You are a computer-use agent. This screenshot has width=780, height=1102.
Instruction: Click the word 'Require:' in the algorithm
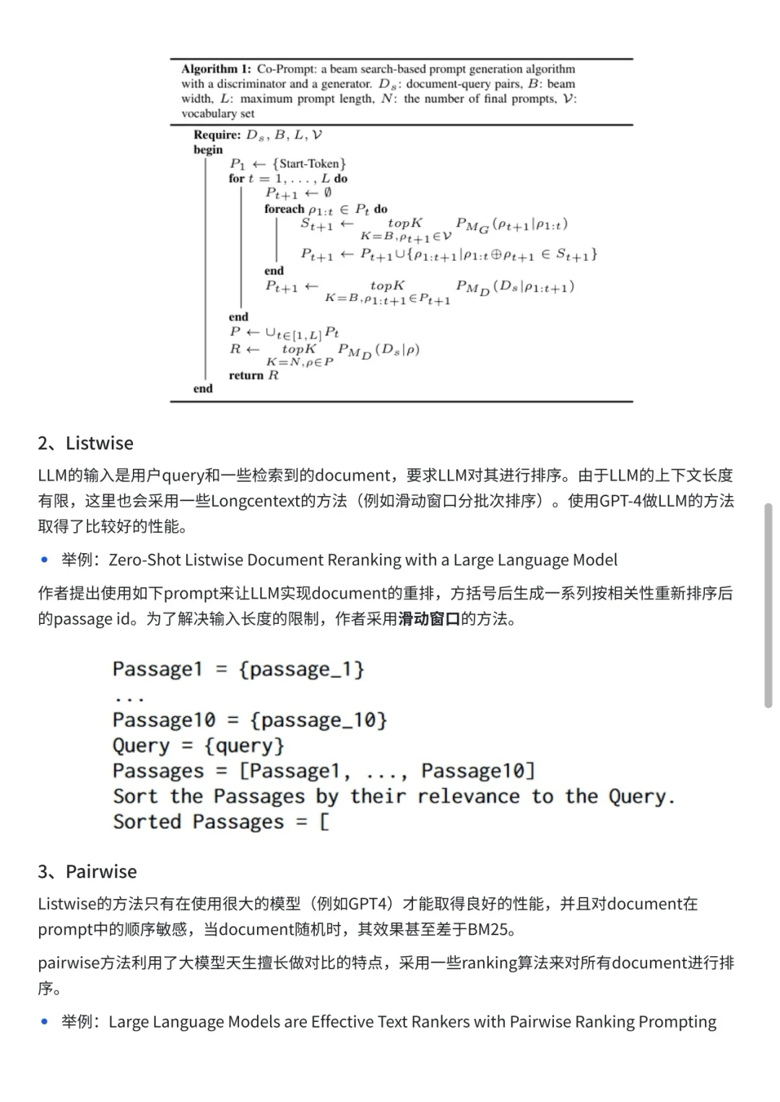(217, 135)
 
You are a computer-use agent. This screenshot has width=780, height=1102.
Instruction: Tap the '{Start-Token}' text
(309, 164)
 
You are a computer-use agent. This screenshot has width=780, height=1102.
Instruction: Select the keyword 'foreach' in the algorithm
(284, 209)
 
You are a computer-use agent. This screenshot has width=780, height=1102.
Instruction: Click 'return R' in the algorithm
(253, 376)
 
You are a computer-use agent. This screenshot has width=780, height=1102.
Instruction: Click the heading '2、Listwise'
(85, 443)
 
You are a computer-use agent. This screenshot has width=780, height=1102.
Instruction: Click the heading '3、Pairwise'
(87, 872)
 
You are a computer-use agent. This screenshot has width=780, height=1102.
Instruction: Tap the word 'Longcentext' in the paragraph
(255, 500)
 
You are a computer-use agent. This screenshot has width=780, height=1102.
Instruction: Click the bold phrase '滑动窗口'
(429, 619)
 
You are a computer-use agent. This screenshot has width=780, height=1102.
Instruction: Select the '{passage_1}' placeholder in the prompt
(301, 669)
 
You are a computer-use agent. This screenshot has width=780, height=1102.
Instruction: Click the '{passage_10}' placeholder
(318, 720)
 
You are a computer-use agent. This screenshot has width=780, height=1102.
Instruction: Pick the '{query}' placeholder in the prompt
(244, 745)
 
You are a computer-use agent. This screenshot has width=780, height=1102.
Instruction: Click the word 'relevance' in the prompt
(468, 797)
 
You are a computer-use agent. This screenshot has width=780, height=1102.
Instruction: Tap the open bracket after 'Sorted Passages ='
(324, 822)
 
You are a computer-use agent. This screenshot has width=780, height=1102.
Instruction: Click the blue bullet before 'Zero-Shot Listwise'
(45, 560)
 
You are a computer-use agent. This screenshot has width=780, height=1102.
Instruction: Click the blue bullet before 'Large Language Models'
(45, 1022)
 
